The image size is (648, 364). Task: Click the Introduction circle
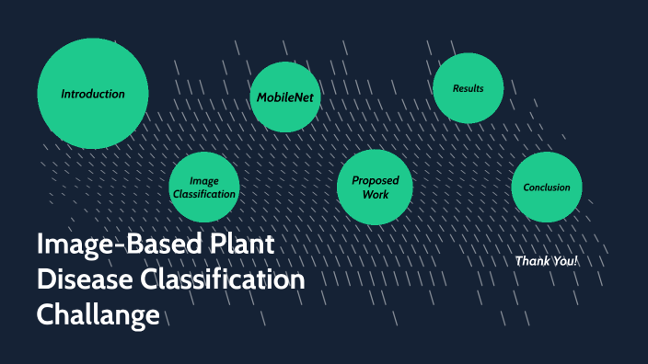(92, 93)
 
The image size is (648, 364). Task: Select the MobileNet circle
(286, 97)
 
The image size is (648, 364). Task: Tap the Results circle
(468, 88)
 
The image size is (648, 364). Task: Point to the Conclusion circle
(547, 188)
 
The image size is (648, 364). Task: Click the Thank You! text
(547, 261)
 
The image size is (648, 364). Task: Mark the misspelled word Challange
(98, 314)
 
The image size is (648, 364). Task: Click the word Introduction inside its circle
(92, 94)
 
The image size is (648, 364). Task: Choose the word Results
(468, 88)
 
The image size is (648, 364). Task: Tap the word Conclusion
(547, 188)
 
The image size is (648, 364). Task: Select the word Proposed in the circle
(376, 181)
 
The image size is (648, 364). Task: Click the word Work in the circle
(376, 195)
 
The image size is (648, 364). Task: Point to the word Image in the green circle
(204, 180)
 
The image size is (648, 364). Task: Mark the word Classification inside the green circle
(204, 194)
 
